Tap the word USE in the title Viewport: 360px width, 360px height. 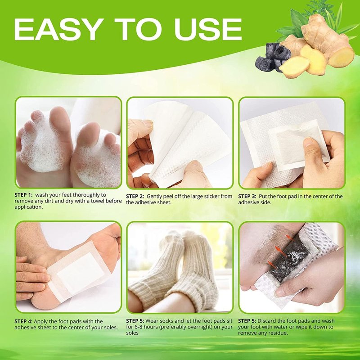(208, 29)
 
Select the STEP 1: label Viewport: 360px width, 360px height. (24, 195)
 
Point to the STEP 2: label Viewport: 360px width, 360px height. (135, 196)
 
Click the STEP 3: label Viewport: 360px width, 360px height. (247, 196)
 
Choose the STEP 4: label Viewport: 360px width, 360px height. (23, 321)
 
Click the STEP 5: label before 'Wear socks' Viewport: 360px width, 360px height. (135, 321)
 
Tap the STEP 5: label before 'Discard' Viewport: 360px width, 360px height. (247, 321)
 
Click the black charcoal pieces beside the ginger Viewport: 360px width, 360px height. (272, 57)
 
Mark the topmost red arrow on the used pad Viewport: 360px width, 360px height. (289, 238)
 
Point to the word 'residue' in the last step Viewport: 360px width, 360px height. (278, 333)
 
